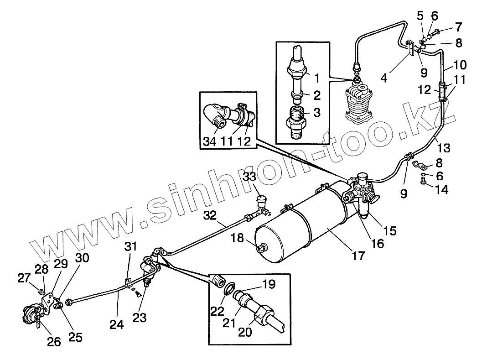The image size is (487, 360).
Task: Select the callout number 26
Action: [54, 342]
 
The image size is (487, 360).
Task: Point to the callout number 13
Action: [443, 147]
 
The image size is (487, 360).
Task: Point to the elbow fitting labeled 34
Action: [215, 115]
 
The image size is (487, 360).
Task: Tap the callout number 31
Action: [131, 247]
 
